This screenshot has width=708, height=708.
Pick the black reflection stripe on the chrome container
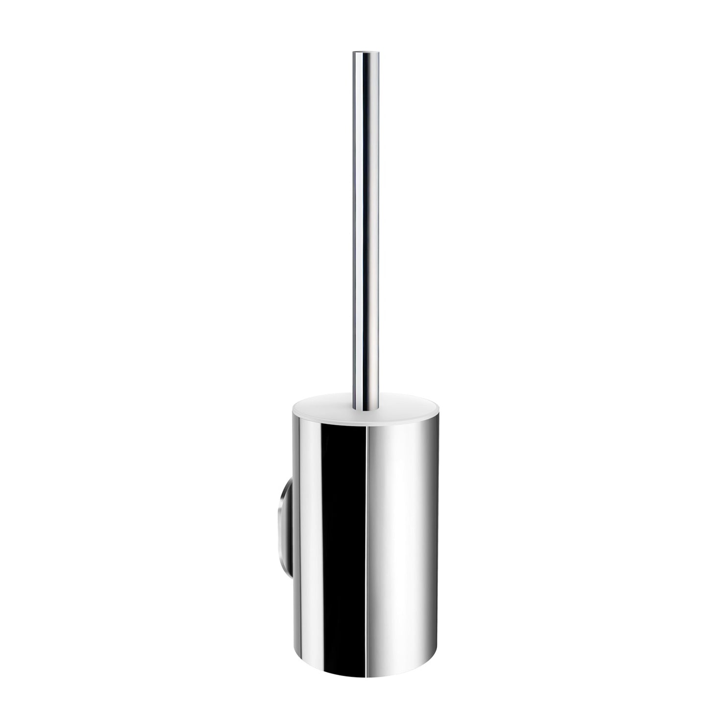tap(343, 529)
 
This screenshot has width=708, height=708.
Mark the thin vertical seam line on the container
tap(368, 529)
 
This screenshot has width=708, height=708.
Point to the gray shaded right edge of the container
tap(425, 529)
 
